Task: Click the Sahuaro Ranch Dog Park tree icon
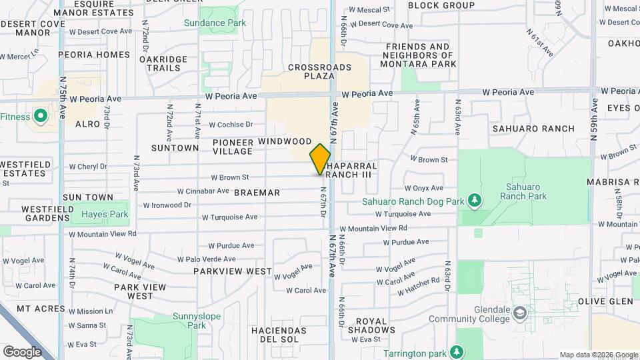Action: (474, 200)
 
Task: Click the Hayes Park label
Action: (104, 215)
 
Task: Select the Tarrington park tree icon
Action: (457, 351)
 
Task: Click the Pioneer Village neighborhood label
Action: (233, 147)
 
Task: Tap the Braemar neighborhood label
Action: (257, 192)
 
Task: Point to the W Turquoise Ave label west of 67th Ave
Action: (229, 217)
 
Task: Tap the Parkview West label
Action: (233, 271)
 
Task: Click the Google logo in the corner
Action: (22, 351)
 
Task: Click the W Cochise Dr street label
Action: (231, 125)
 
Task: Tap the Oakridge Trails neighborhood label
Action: (163, 63)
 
